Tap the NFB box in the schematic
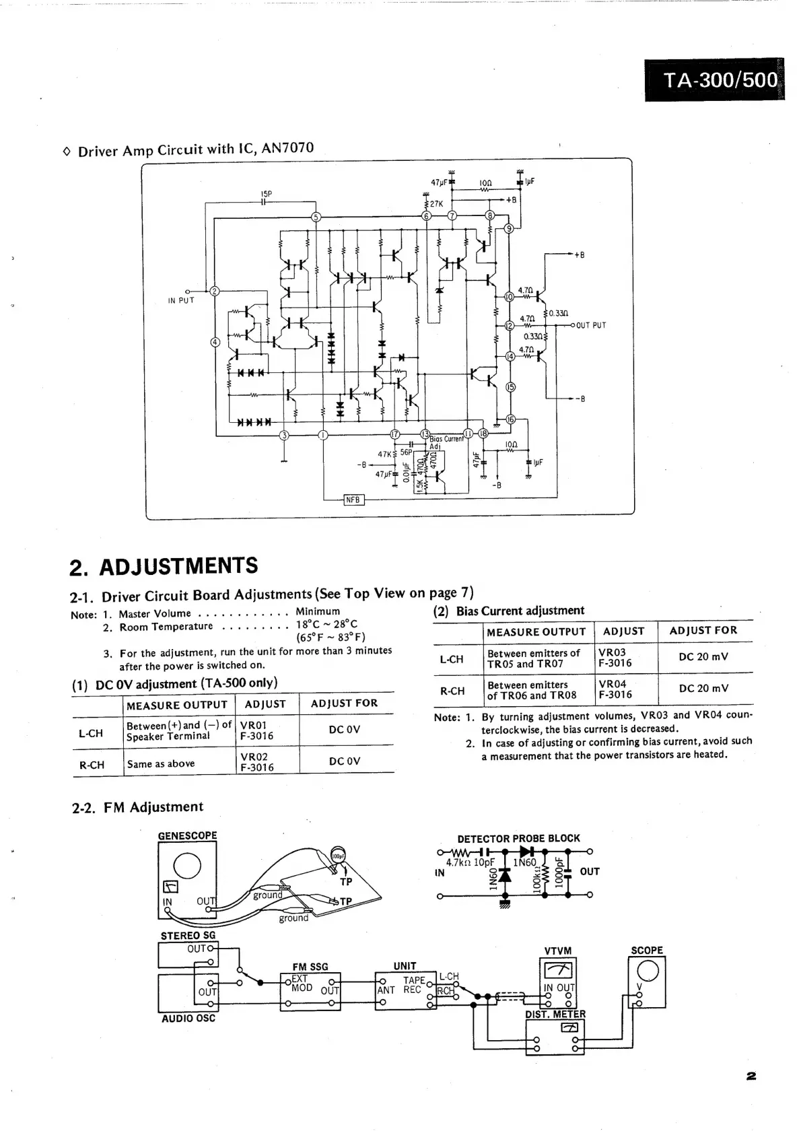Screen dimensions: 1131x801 [353, 500]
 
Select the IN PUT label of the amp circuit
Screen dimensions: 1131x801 [181, 300]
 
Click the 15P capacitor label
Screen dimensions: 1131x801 [266, 194]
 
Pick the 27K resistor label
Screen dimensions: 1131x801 [436, 203]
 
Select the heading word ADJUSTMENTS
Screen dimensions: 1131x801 [178, 566]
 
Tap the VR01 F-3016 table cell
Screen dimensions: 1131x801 [257, 731]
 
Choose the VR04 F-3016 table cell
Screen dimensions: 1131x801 [615, 689]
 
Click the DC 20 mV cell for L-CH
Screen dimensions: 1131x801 [703, 657]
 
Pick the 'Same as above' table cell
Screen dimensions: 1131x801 [161, 763]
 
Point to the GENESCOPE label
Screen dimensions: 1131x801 [187, 835]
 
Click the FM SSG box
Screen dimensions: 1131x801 [310, 991]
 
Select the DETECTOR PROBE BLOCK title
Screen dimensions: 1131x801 [518, 838]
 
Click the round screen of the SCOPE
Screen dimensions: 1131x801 [648, 970]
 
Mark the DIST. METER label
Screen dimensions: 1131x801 [555, 1014]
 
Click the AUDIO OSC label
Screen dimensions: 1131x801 [188, 1019]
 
